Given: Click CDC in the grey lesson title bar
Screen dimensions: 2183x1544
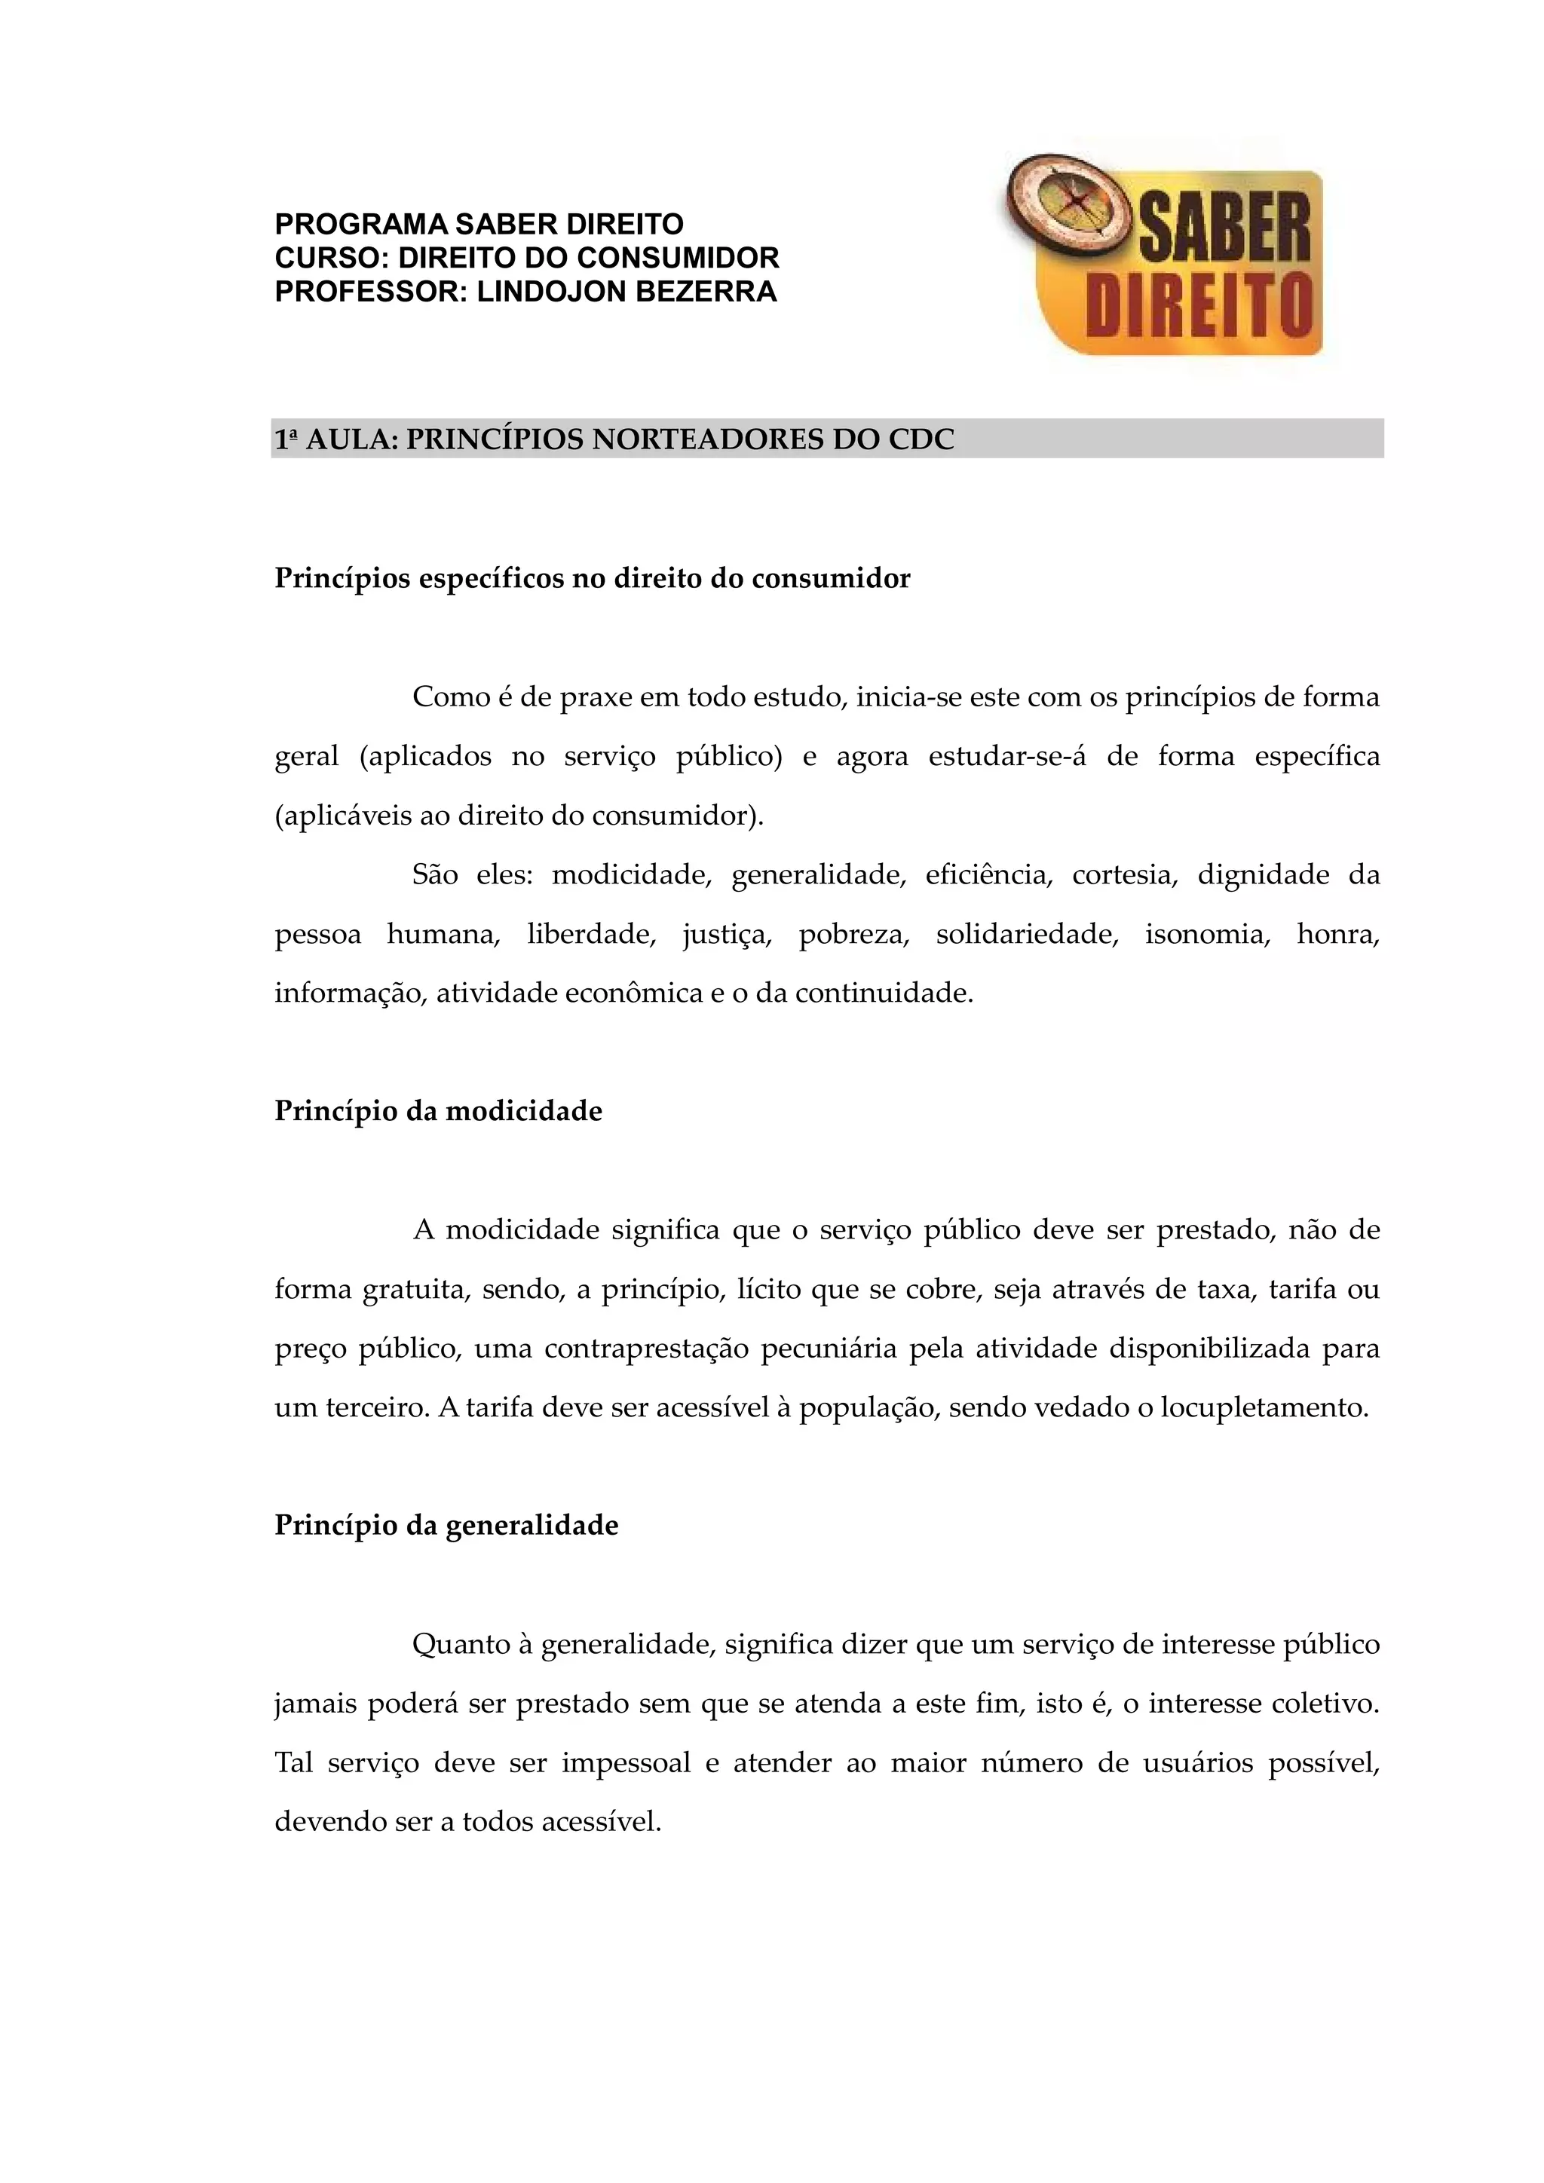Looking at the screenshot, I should pyautogui.click(x=921, y=439).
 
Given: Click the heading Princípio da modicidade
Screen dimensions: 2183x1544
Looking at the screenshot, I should pyautogui.click(x=438, y=1110).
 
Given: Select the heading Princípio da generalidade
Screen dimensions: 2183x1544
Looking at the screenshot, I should pyautogui.click(x=446, y=1525).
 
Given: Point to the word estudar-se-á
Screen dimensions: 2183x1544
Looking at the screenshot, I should pyautogui.click(x=1006, y=756).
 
